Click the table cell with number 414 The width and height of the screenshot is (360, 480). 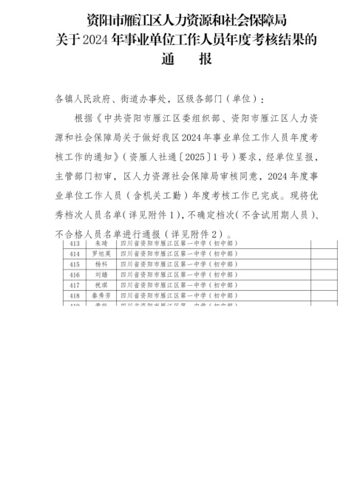tap(74, 253)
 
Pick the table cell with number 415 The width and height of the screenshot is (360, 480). tap(74, 263)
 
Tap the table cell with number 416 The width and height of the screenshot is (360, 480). tap(74, 273)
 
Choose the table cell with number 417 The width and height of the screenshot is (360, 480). tap(74, 284)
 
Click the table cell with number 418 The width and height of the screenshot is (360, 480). tap(74, 294)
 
